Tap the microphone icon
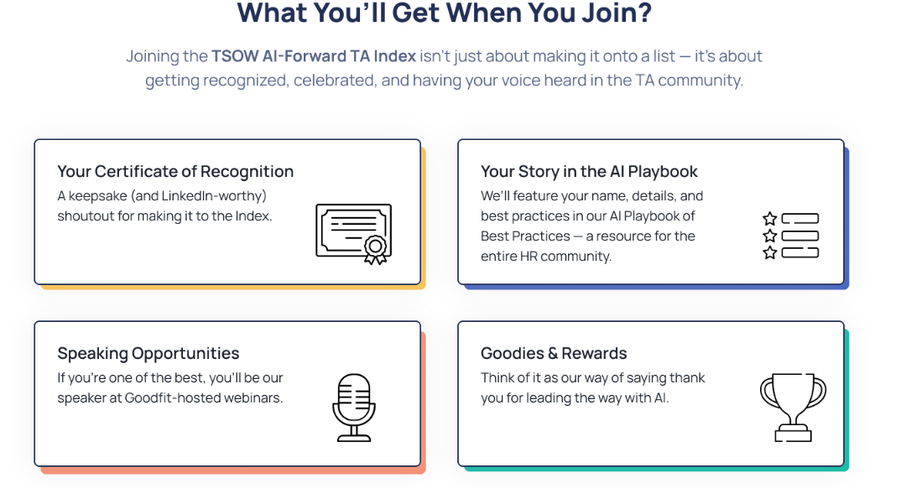click(352, 407)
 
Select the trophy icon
click(792, 407)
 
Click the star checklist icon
click(790, 236)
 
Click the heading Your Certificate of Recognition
click(175, 171)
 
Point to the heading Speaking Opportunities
click(148, 353)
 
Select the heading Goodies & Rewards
click(554, 353)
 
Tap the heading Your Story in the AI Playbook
click(589, 171)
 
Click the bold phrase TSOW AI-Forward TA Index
click(314, 56)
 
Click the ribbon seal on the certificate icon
click(374, 248)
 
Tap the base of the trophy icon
click(792, 434)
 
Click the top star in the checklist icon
click(769, 219)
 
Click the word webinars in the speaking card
click(255, 397)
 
